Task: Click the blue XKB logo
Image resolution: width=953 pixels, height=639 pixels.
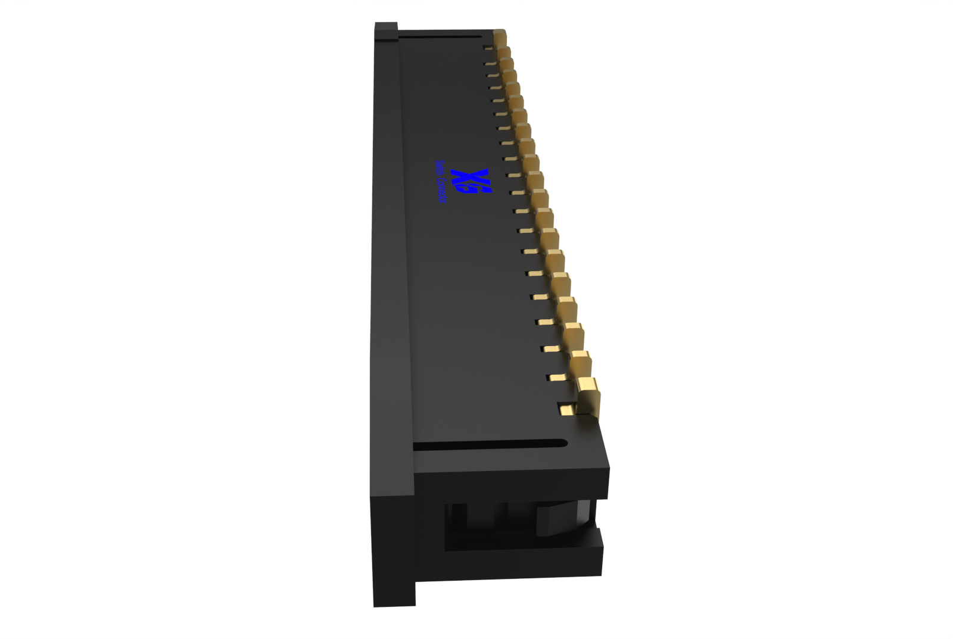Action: coord(471,181)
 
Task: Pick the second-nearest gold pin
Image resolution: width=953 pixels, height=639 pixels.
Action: coord(581,363)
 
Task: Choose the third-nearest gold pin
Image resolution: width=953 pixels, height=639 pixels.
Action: coord(574,336)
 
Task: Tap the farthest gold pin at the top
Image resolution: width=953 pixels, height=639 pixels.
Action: coord(499,37)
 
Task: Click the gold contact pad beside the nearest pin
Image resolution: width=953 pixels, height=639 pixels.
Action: coord(566,409)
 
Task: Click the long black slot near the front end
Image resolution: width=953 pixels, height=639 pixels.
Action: coord(488,445)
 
